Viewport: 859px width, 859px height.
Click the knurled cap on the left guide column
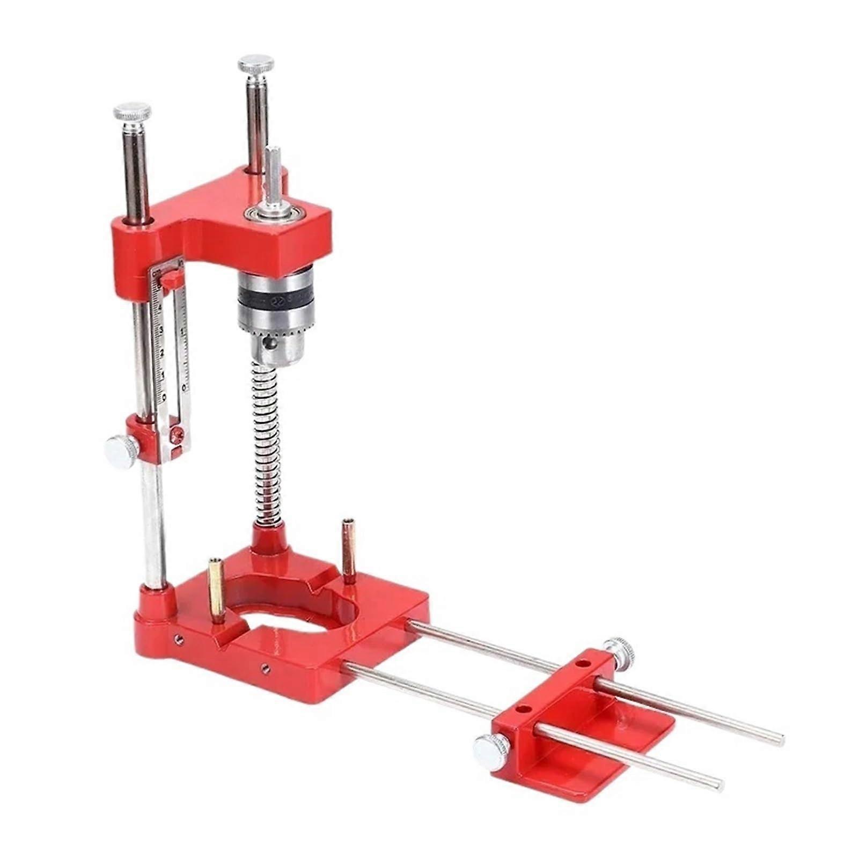(x=132, y=113)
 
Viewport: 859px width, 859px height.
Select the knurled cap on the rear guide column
(x=256, y=65)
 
